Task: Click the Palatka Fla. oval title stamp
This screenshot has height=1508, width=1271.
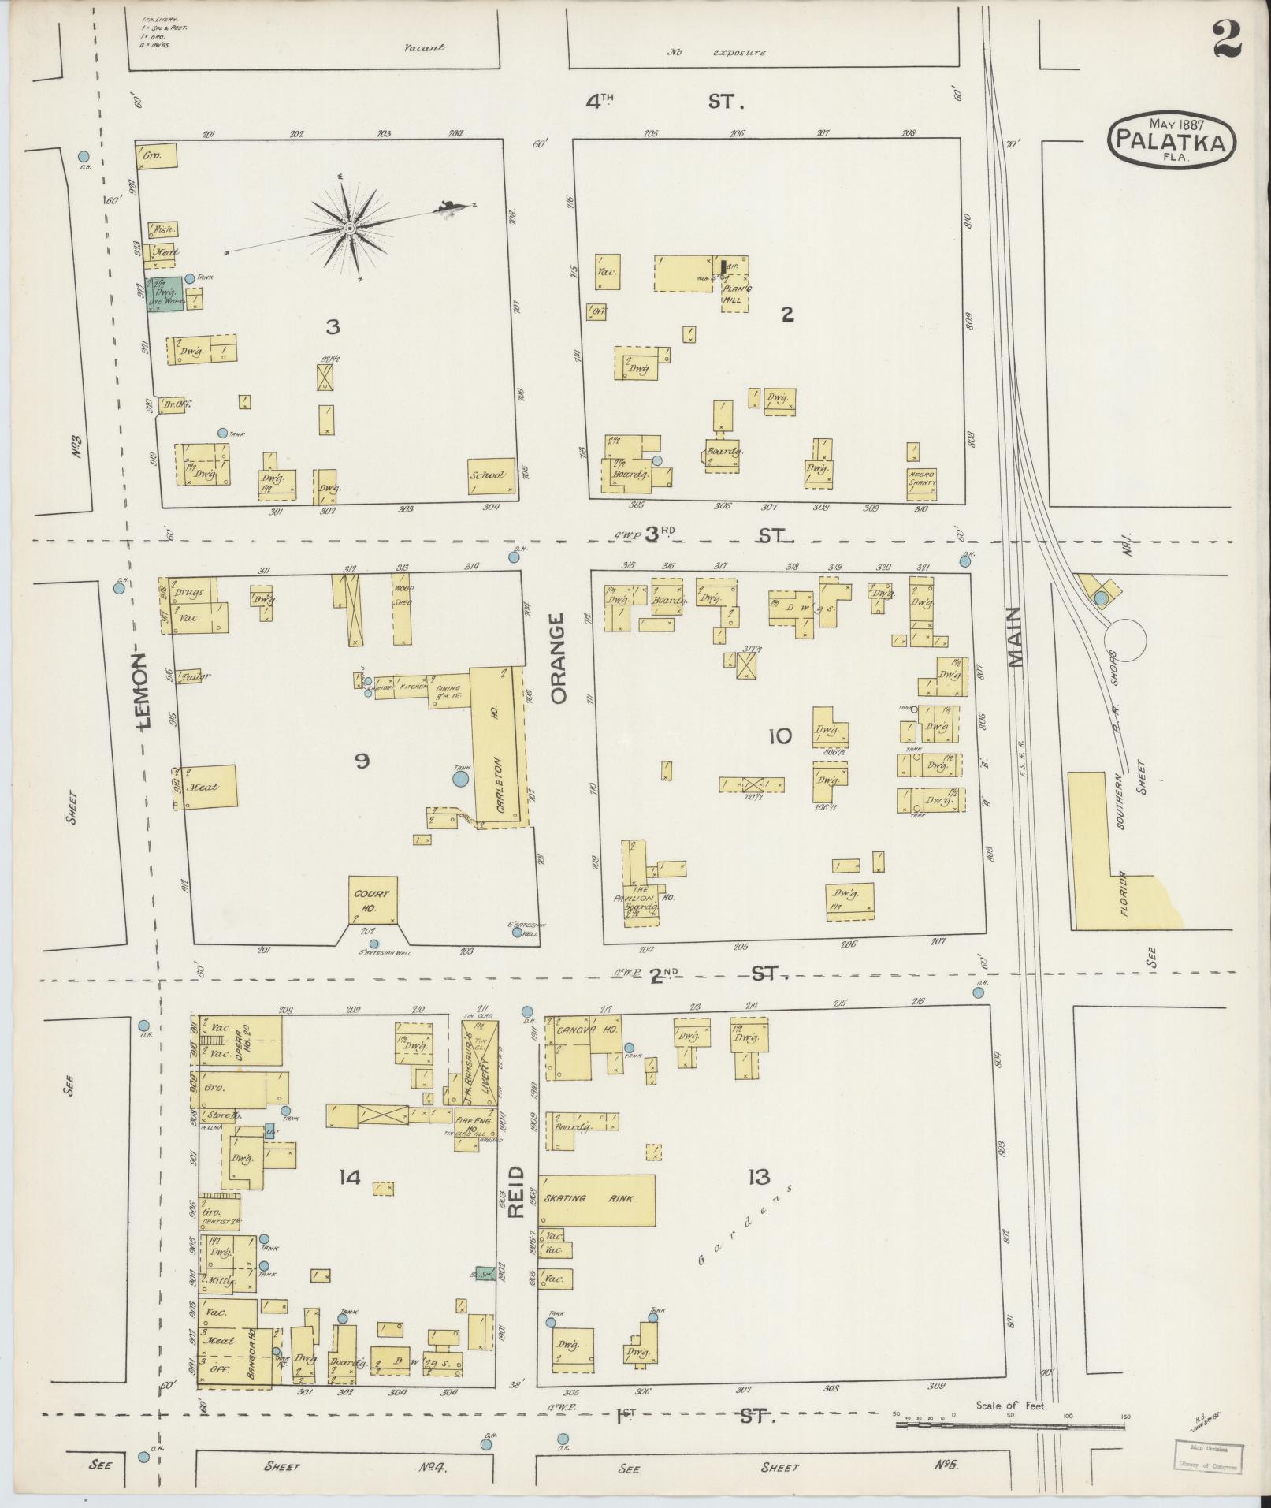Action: [x=1172, y=140]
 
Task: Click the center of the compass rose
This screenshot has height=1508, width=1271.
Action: [x=348, y=229]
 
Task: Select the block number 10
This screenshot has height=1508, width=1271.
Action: [x=779, y=736]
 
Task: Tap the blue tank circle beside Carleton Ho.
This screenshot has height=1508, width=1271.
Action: [x=460, y=779]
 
